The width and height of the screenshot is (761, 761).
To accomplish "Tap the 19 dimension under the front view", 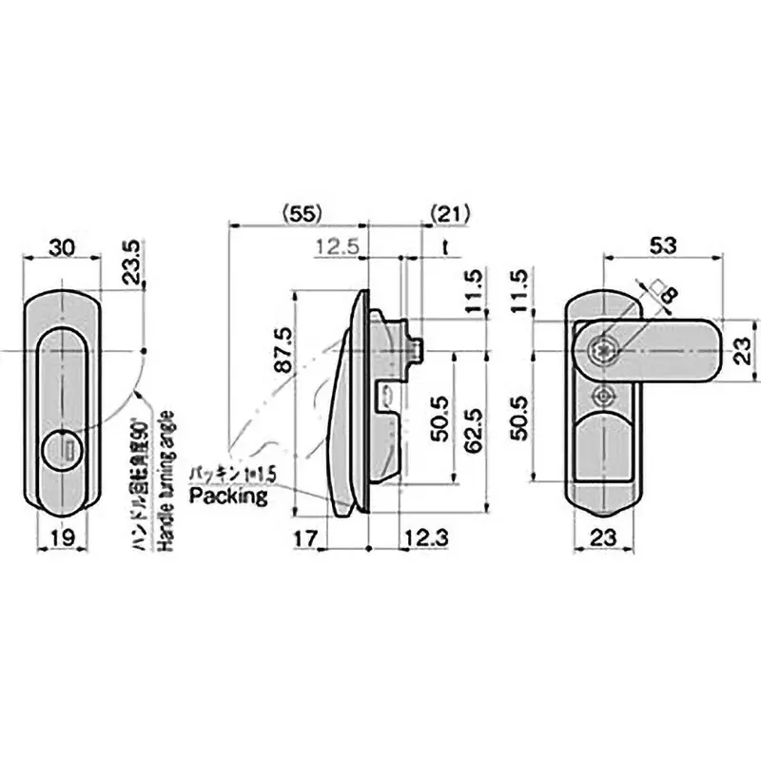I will pyautogui.click(x=62, y=537).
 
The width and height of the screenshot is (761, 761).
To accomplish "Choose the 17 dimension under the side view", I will pyautogui.click(x=304, y=537).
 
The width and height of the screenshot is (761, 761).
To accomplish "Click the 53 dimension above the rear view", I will pyautogui.click(x=663, y=245).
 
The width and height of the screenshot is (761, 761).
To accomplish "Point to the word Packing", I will pyautogui.click(x=228, y=496).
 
